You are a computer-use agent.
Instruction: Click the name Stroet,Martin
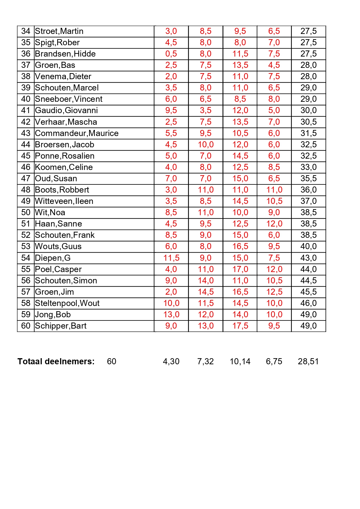click(x=59, y=31)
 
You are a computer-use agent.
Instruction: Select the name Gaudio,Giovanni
click(x=66, y=111)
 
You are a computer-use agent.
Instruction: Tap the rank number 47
click(x=26, y=179)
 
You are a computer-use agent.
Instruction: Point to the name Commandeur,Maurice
click(x=77, y=133)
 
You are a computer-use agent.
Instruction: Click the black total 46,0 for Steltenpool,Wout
click(x=308, y=303)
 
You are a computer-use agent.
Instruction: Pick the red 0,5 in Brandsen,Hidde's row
click(x=171, y=54)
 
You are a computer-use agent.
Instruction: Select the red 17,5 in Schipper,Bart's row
click(x=240, y=326)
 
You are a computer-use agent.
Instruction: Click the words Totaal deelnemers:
click(x=56, y=362)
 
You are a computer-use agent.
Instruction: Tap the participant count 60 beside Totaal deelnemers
click(x=112, y=362)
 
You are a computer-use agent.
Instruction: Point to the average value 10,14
click(x=240, y=362)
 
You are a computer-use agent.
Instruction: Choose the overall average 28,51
click(x=308, y=362)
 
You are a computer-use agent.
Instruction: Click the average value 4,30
click(x=171, y=362)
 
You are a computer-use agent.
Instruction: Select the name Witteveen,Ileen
click(x=64, y=201)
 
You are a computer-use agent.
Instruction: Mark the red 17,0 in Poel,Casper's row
click(x=240, y=269)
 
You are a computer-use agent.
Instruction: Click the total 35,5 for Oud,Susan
click(x=308, y=179)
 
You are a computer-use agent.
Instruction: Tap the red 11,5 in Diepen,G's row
click(x=171, y=258)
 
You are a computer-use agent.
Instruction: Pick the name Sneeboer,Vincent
click(x=69, y=99)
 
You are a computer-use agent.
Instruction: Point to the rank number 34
click(x=26, y=31)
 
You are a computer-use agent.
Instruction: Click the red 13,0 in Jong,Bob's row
click(x=171, y=315)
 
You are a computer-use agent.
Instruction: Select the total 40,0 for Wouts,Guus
click(x=308, y=247)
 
